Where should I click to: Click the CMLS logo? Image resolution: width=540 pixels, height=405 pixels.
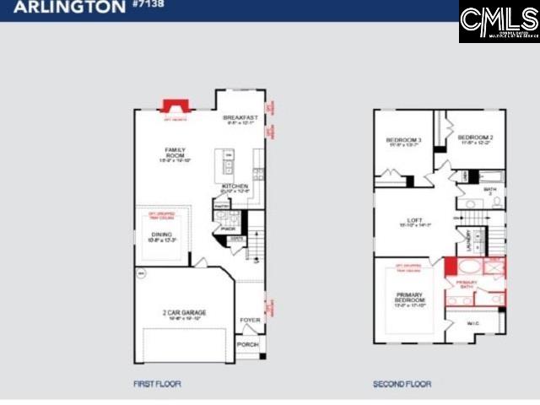tap(499, 21)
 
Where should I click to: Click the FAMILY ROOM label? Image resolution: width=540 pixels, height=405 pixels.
tap(175, 153)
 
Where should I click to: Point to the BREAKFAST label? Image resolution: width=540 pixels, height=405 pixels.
tap(239, 119)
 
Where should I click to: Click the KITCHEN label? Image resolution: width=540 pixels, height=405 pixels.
tap(235, 186)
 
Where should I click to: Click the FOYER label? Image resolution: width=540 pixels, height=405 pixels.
tap(250, 320)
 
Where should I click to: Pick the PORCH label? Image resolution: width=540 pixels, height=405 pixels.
tap(247, 344)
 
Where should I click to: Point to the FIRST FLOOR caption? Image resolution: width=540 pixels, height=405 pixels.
tap(156, 384)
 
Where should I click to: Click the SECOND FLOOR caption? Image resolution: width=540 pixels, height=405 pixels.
tap(402, 384)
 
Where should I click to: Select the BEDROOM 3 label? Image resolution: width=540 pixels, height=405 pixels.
tap(402, 140)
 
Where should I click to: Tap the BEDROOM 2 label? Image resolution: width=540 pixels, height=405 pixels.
tap(474, 138)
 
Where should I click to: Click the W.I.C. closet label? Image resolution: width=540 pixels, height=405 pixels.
tap(472, 322)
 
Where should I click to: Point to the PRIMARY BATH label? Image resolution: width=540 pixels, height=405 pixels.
tap(467, 283)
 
